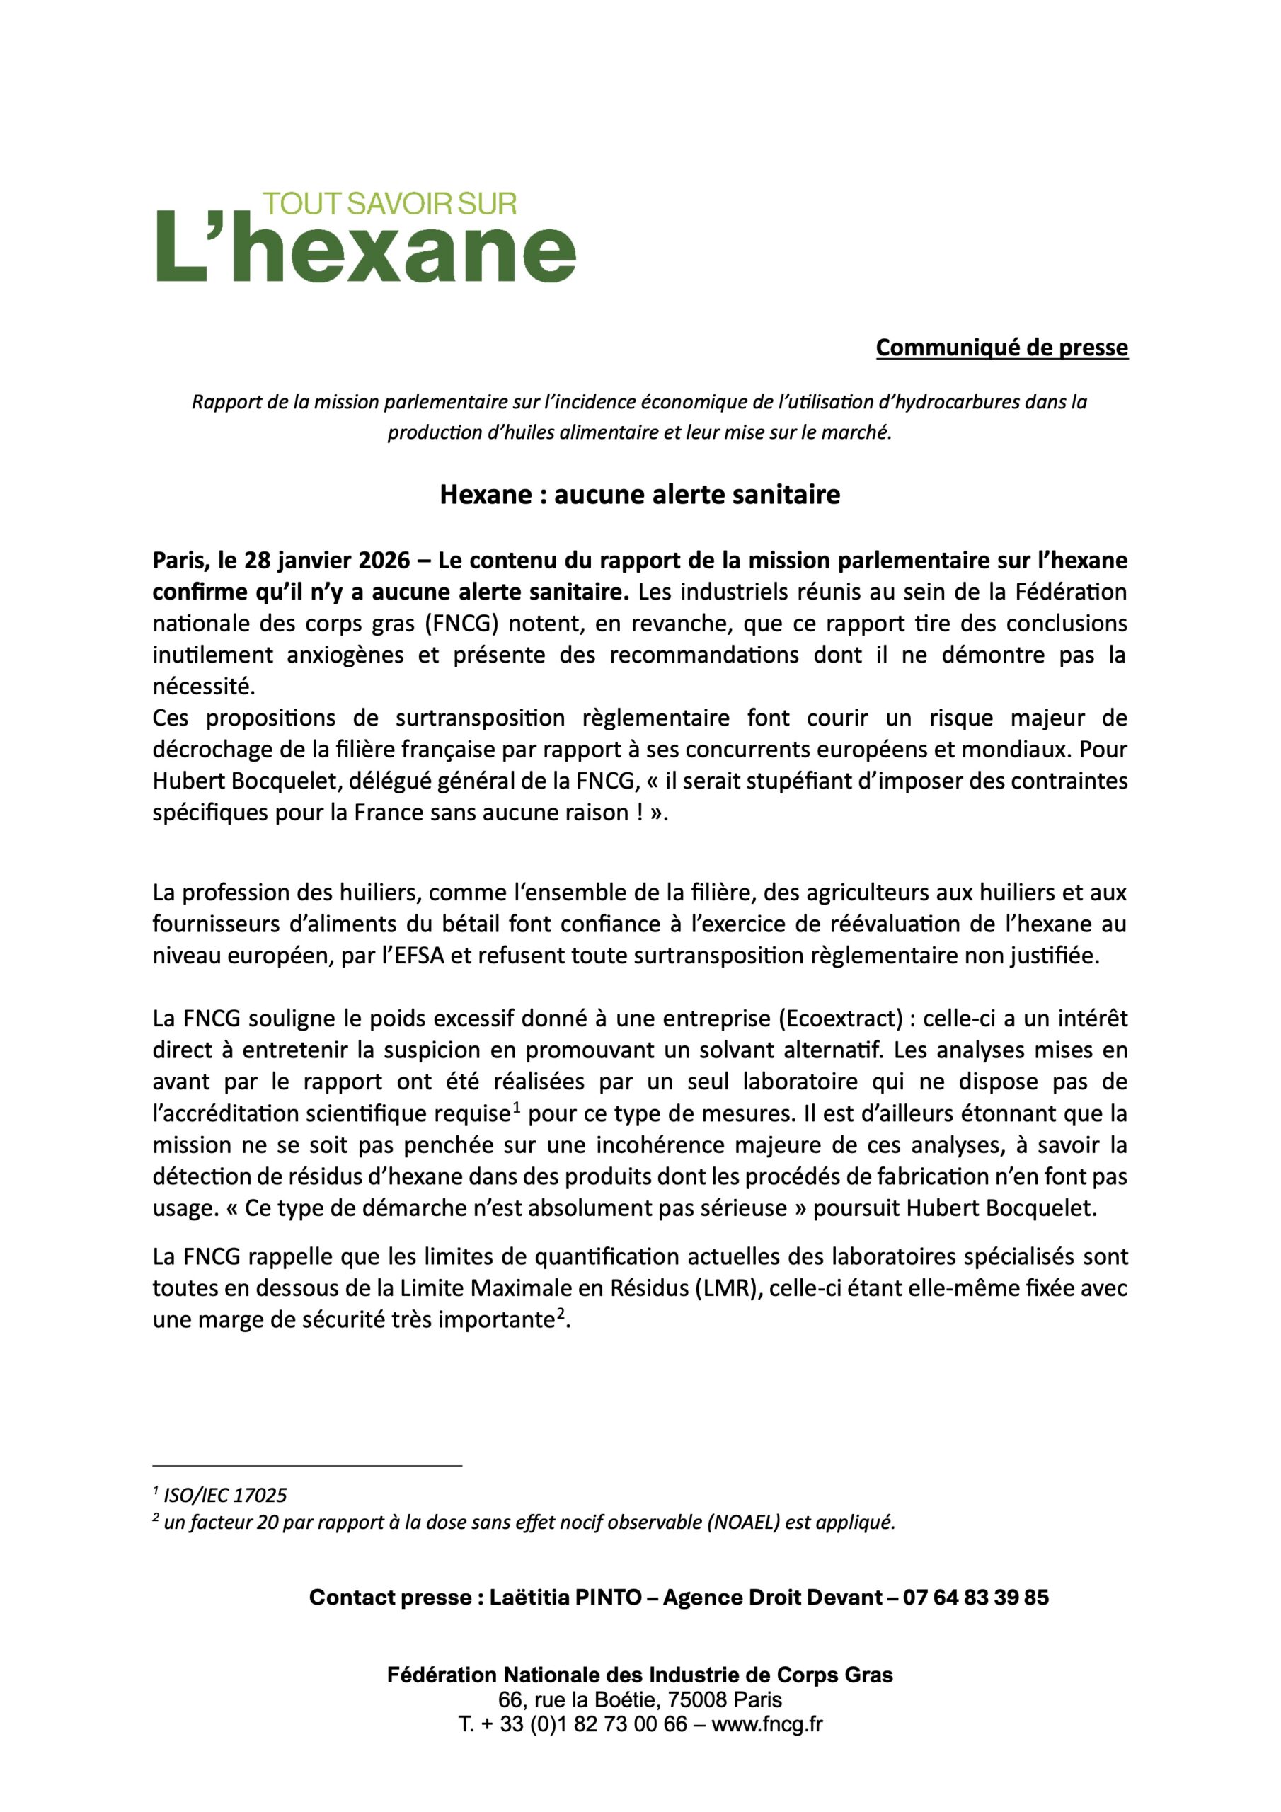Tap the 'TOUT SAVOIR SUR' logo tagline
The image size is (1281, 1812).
pyautogui.click(x=389, y=204)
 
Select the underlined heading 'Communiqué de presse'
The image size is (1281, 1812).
pyautogui.click(x=1001, y=348)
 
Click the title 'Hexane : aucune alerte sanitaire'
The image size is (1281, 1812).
pyautogui.click(x=639, y=495)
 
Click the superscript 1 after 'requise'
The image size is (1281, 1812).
pyautogui.click(x=515, y=1107)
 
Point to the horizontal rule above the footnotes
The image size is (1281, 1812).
pyautogui.click(x=307, y=1466)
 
